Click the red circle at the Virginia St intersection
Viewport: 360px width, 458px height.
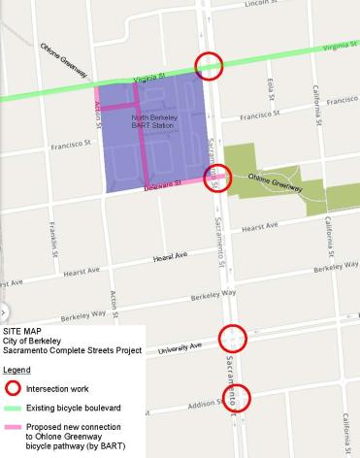pos(209,65)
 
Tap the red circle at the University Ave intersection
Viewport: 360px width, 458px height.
pos(233,338)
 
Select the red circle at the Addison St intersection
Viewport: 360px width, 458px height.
pos(237,399)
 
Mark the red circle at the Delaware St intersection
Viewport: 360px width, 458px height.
pos(218,178)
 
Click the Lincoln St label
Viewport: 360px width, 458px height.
pos(270,5)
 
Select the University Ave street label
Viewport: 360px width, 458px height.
pos(180,346)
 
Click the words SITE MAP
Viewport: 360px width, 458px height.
pos(24,332)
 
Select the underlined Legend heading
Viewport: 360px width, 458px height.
pos(16,370)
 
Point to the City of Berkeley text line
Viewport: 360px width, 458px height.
pos(33,342)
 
